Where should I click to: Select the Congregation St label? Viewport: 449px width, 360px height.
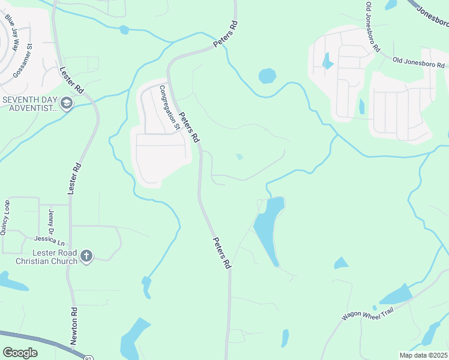[169, 107]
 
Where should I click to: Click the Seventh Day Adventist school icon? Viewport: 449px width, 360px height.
[66, 104]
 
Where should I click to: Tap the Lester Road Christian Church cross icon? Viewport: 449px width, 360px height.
[86, 257]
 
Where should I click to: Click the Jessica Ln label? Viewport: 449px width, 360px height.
[53, 241]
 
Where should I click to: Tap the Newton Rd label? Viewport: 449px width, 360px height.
[74, 325]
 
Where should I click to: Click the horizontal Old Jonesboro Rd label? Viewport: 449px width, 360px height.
[420, 61]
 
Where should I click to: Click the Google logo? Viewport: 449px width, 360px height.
[20, 353]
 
